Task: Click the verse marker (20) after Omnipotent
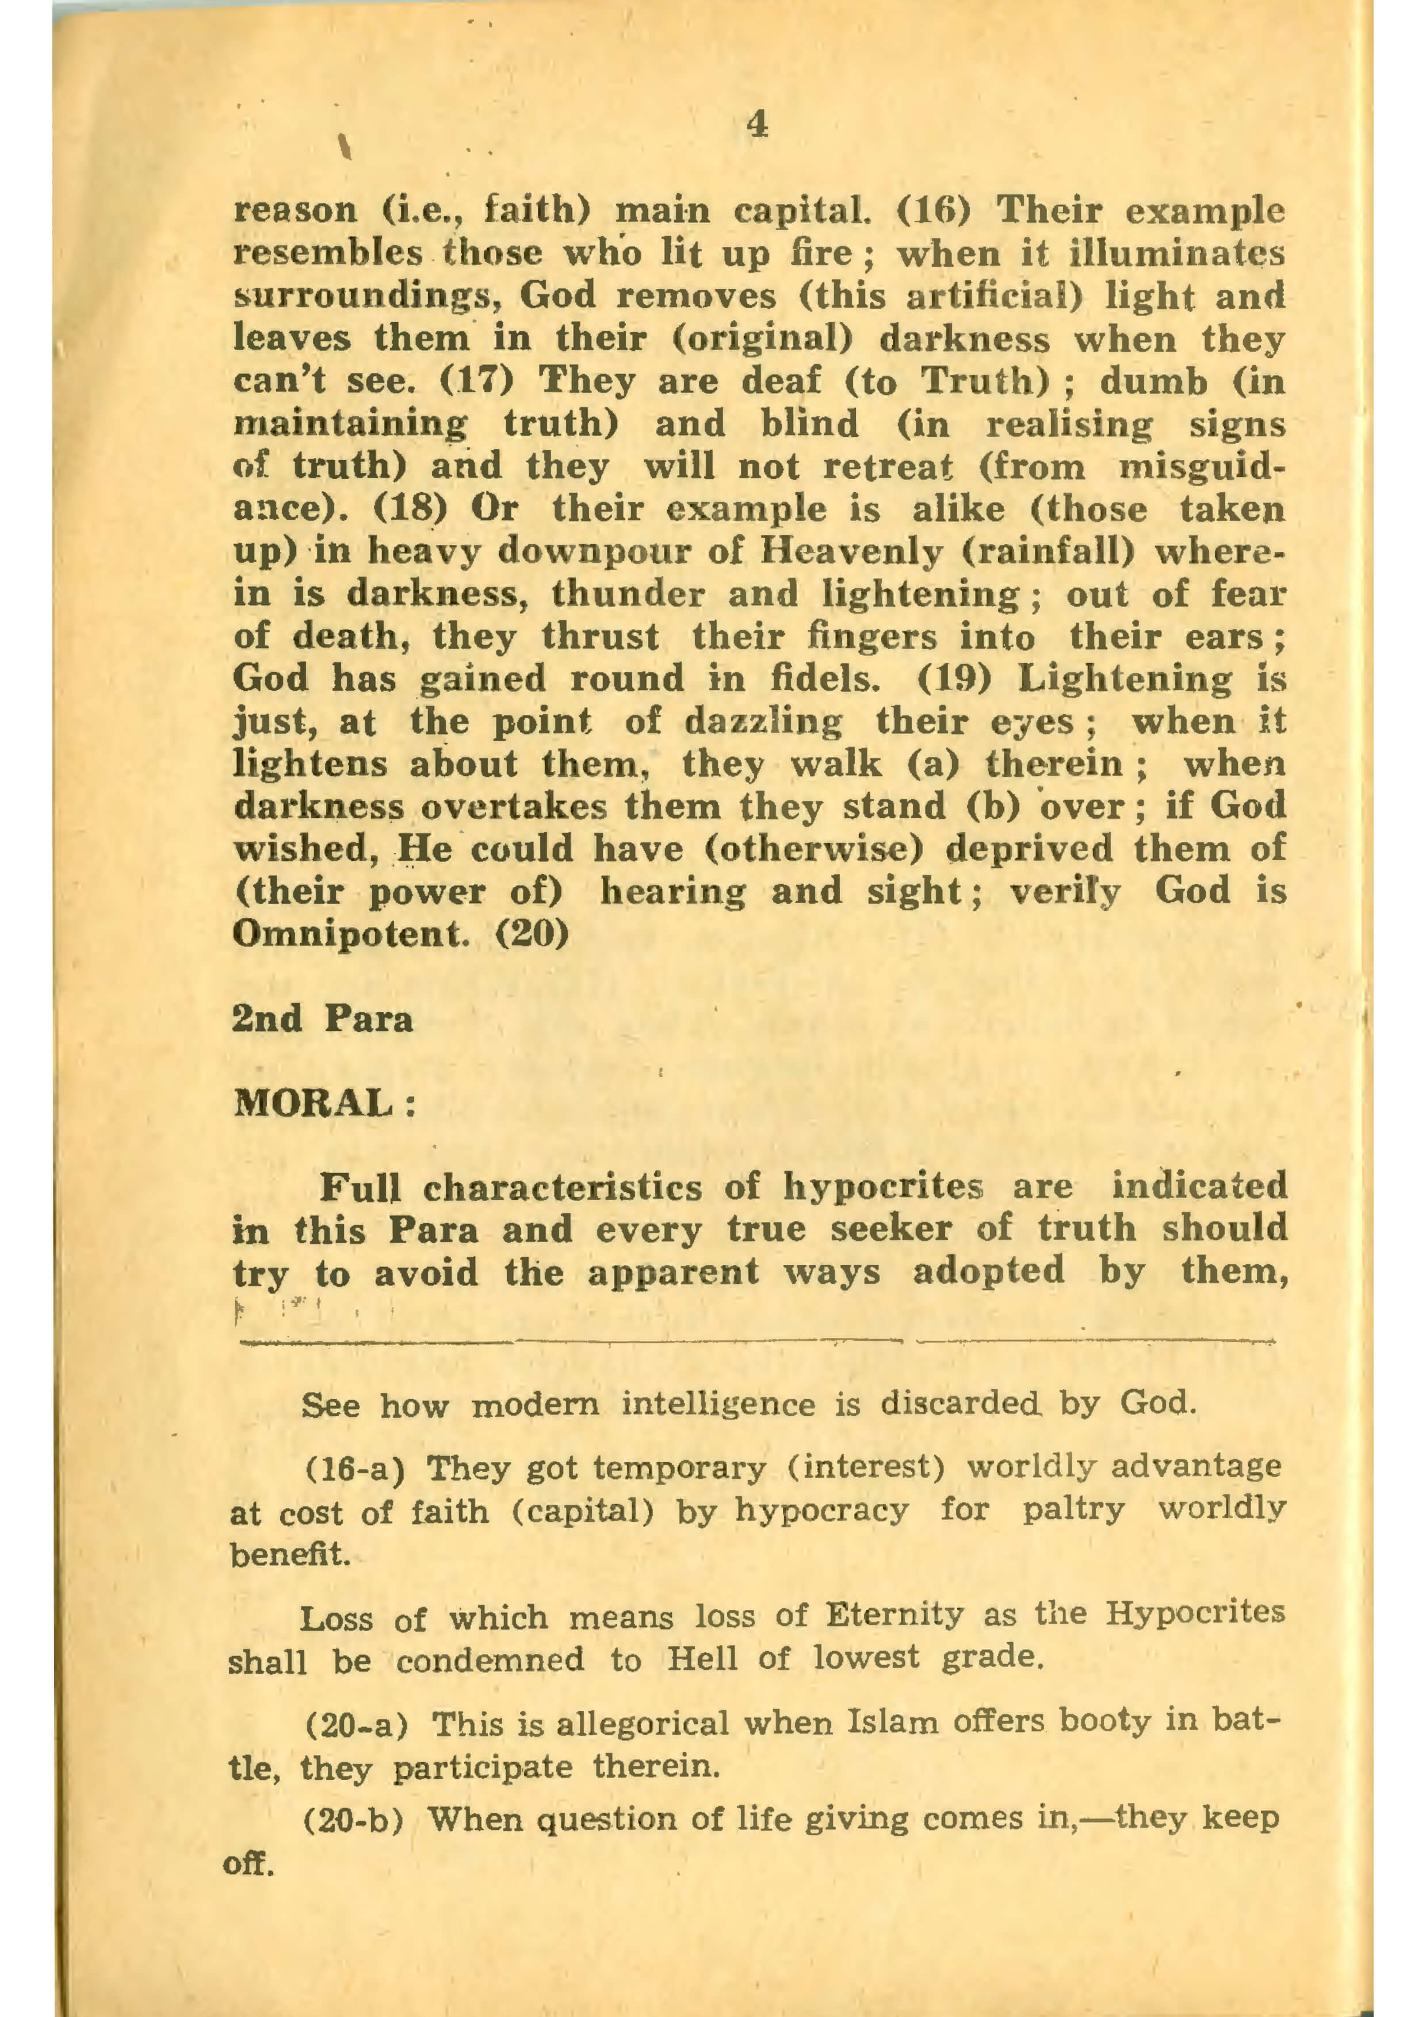pyautogui.click(x=533, y=933)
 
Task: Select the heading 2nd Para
pyautogui.click(x=322, y=1019)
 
